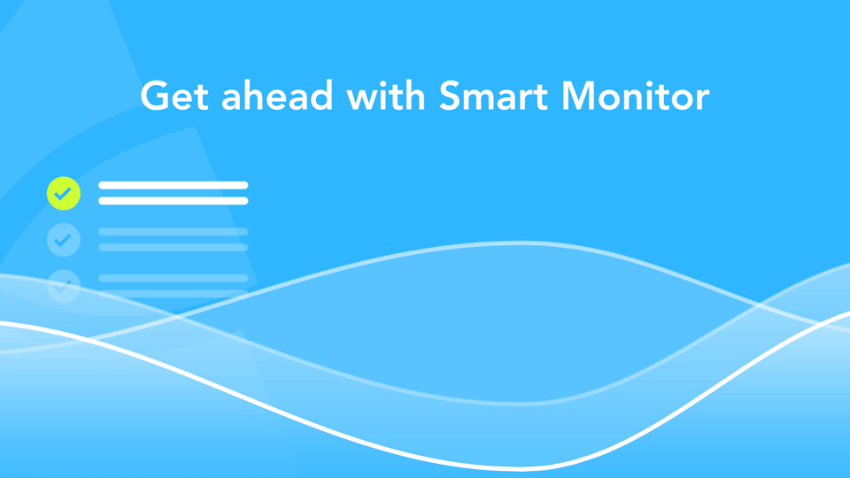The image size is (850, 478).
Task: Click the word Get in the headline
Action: [x=174, y=96]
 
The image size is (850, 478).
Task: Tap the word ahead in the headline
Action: [x=277, y=95]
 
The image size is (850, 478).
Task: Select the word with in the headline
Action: [x=386, y=95]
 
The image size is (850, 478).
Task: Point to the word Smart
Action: [x=494, y=96]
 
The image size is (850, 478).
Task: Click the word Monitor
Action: [x=636, y=96]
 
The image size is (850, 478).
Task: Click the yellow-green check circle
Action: [x=64, y=193]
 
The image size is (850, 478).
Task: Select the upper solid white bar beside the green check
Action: [x=174, y=185]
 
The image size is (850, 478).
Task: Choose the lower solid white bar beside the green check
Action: [x=174, y=201]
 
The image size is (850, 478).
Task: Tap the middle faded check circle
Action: [x=64, y=240]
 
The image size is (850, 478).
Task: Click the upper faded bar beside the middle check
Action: [x=174, y=232]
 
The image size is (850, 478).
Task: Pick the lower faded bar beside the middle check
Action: [x=174, y=248]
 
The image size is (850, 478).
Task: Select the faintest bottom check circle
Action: [x=64, y=286]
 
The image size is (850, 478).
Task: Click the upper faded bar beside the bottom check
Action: [x=174, y=279]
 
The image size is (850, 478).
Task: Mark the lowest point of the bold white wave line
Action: [x=521, y=467]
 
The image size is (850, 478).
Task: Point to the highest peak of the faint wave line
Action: [x=521, y=243]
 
